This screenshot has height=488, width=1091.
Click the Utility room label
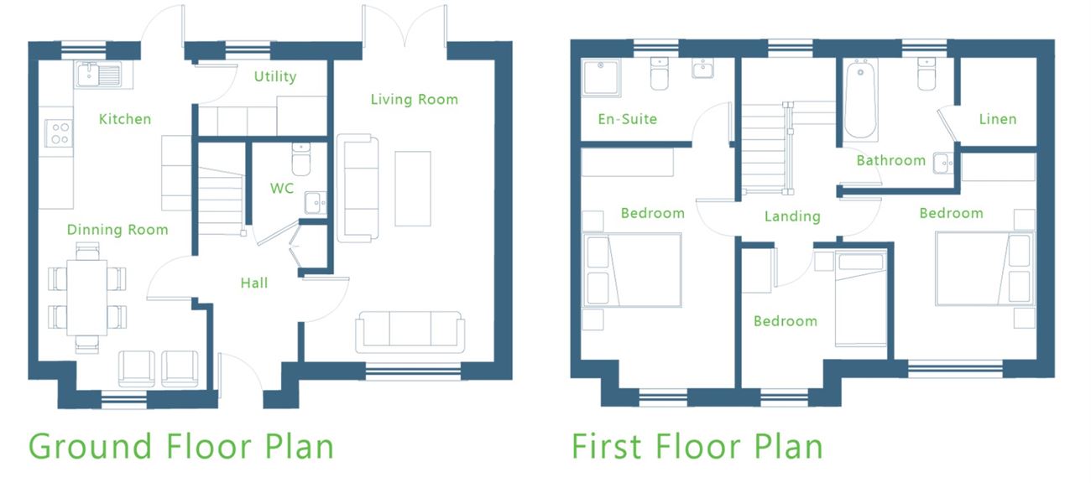point(275,76)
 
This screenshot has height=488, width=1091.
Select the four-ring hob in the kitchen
point(60,133)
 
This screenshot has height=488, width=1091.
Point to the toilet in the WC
point(301,158)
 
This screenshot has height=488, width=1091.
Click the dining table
point(86,298)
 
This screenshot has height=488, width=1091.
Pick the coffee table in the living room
point(413,189)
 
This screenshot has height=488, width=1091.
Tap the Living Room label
point(414,100)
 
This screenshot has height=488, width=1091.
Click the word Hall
point(254,283)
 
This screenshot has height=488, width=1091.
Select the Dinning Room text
point(117,230)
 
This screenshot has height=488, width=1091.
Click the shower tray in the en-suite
point(602,77)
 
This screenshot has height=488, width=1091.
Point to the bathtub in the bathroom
point(860,100)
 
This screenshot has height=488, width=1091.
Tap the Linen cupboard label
point(998,119)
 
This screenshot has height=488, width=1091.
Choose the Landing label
point(792,216)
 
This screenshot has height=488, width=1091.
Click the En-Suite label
point(628,119)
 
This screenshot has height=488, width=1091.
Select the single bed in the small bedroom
point(860,299)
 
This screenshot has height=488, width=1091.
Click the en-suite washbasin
point(702,69)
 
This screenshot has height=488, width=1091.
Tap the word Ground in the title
point(91,447)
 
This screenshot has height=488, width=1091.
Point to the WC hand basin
point(316,202)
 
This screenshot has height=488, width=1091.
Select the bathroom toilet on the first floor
point(927,74)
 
